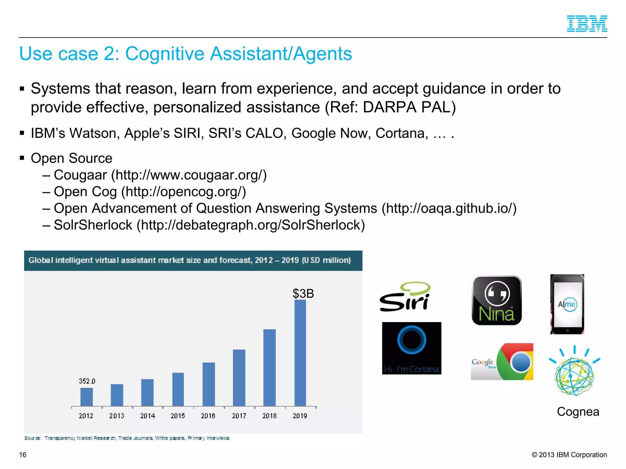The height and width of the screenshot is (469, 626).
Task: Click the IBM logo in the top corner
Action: pos(587,24)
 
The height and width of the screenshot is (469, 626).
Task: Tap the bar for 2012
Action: pos(87,397)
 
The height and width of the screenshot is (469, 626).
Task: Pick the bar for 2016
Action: pos(209,384)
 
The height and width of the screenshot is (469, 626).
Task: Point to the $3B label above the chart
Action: pos(303,293)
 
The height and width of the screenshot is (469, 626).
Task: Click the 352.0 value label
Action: pos(87,381)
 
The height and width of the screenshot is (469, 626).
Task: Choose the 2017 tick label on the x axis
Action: pos(239,416)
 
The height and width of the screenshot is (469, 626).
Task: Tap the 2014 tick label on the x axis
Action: pos(148,416)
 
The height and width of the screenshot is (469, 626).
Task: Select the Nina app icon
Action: pos(497,300)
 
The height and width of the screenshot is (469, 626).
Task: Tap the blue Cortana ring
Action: pos(412,340)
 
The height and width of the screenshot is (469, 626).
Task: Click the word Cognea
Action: pos(578,412)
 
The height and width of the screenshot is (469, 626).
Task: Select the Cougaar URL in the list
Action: pos(189,175)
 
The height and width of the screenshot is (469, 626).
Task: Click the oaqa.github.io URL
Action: pos(449,208)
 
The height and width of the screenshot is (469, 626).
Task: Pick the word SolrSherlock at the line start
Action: pos(93,225)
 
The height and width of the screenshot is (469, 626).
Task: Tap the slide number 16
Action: pos(23,455)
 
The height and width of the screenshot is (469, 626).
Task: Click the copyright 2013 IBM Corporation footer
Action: pos(569,455)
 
